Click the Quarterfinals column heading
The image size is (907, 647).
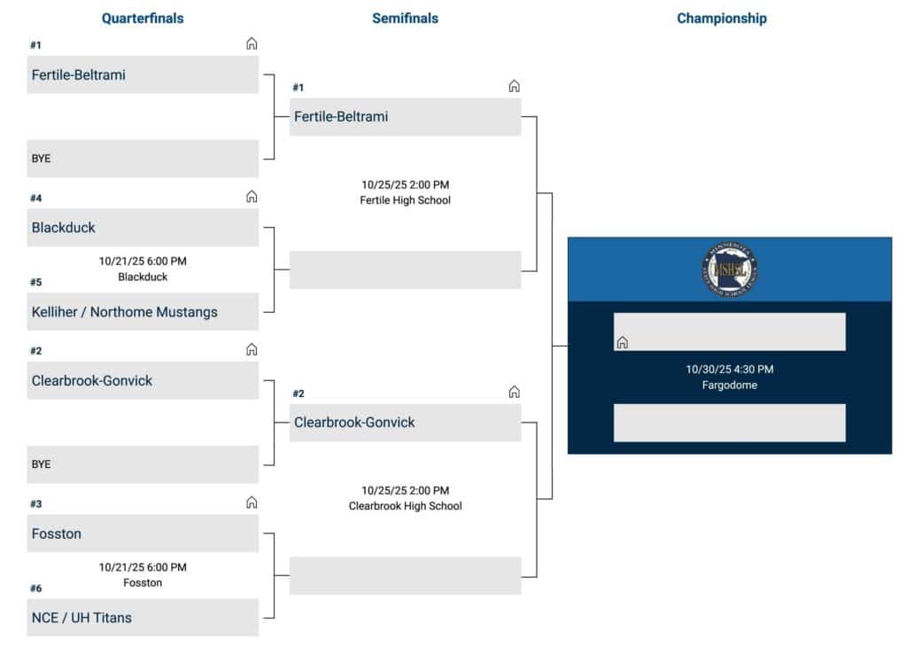[x=143, y=19]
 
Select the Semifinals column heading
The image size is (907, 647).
[x=405, y=19]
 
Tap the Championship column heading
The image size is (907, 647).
[x=722, y=19]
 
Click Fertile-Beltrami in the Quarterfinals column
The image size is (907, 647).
[x=143, y=75]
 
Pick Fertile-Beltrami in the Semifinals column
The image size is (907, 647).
[x=405, y=117]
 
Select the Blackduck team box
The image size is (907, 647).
[x=143, y=228]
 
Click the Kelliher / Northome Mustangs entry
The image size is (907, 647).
[x=143, y=312]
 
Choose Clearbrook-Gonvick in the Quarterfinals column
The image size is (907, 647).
[x=143, y=381]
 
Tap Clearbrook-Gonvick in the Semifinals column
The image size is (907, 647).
[x=405, y=423]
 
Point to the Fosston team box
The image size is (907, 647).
[x=143, y=534]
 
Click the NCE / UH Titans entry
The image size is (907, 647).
[x=143, y=618]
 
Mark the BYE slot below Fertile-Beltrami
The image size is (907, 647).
[x=143, y=159]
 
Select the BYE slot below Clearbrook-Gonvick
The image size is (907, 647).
[x=143, y=464]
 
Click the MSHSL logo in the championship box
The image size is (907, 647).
[x=729, y=269]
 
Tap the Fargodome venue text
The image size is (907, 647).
[x=730, y=386]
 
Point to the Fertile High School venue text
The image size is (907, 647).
[x=405, y=200]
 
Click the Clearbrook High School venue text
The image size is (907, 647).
[x=405, y=506]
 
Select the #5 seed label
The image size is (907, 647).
[x=35, y=283]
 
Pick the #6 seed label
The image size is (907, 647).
[x=35, y=589]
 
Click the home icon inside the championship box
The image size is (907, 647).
[x=623, y=342]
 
